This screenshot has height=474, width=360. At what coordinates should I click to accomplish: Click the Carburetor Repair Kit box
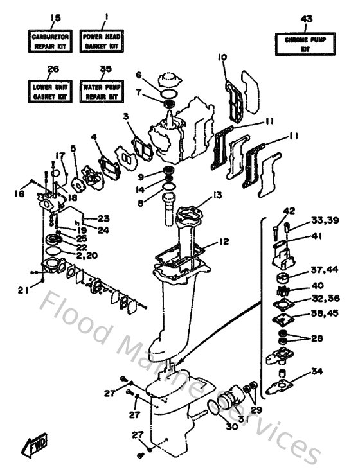(48, 42)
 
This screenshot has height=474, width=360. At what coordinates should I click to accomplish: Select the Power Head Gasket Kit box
(100, 42)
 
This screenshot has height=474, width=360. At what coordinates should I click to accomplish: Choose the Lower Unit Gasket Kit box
(48, 91)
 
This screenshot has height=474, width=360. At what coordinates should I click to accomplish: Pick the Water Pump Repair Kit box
(100, 91)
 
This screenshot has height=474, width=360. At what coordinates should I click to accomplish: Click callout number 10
(222, 58)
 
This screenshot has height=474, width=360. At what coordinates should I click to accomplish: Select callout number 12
(224, 242)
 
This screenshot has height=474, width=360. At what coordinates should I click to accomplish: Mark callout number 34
(317, 371)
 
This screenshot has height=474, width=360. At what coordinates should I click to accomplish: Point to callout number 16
(20, 193)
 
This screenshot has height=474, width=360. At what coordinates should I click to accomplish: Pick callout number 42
(289, 211)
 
